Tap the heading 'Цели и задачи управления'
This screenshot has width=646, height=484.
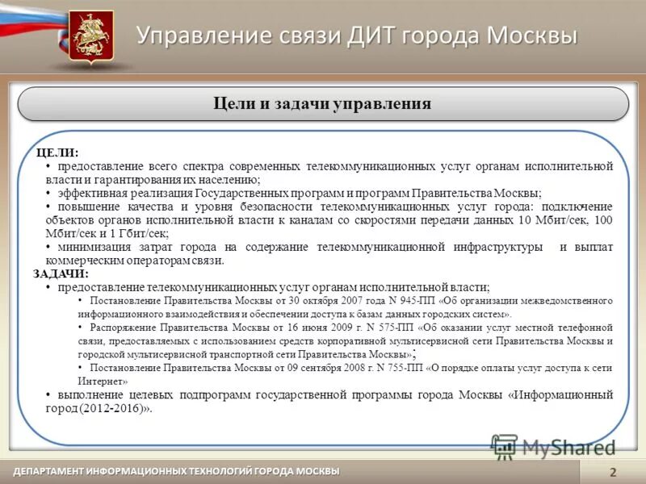(x=322, y=104)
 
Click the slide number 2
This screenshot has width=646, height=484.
(x=613, y=472)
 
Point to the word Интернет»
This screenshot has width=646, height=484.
(x=103, y=380)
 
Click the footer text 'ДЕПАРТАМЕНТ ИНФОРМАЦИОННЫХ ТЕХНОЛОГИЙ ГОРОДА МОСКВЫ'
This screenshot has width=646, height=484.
(x=176, y=471)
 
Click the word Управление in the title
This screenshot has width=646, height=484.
(x=193, y=35)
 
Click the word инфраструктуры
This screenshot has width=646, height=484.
(x=499, y=247)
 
